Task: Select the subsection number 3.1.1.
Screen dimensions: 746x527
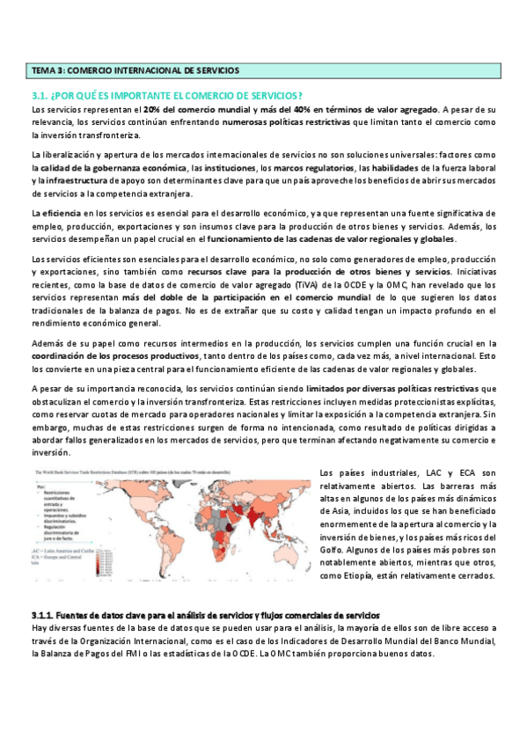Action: pyautogui.click(x=43, y=614)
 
